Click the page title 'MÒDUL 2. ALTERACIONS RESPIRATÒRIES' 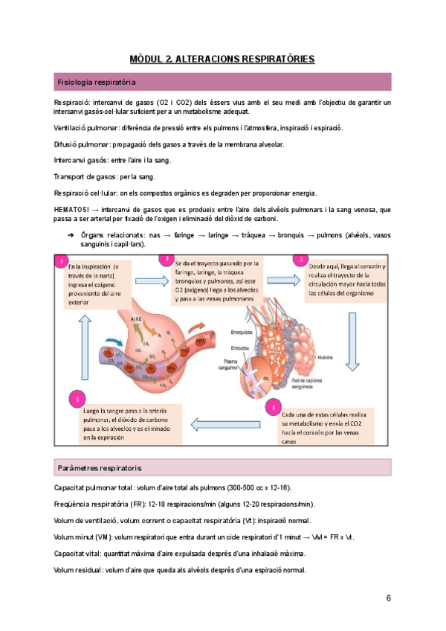[222, 58]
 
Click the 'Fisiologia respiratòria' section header [97, 81]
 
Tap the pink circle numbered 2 [169, 259]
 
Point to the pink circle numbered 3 [300, 259]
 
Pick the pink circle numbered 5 [77, 400]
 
